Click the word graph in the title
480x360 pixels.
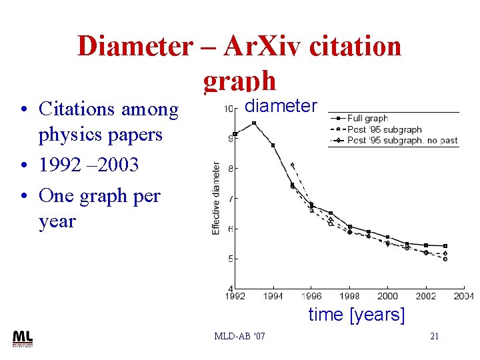[239, 80]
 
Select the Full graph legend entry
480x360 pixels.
[367, 118]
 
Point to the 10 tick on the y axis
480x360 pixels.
[228, 109]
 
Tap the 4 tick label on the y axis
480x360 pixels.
[231, 288]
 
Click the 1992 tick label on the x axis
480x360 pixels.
[235, 296]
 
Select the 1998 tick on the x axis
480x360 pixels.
[349, 296]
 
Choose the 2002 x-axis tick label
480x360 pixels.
[426, 296]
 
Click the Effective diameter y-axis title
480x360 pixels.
[216, 198]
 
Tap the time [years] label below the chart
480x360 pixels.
[356, 314]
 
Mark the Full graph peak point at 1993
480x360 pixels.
[254, 123]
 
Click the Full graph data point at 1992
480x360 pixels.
[235, 134]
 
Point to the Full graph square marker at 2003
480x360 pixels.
[445, 246]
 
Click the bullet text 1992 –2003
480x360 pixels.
[89, 164]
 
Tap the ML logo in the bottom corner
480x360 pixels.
[22, 338]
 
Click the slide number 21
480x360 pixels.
[434, 336]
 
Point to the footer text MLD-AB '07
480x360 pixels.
[239, 336]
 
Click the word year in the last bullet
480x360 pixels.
[57, 221]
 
